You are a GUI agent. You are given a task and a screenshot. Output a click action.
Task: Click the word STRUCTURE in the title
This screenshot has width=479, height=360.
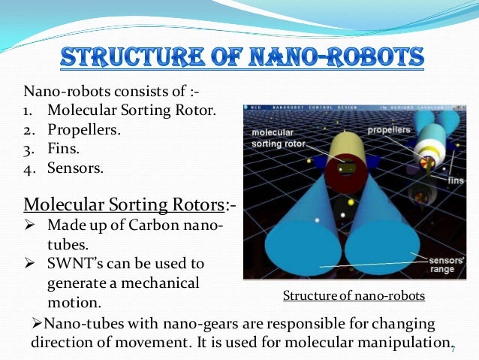[123, 59]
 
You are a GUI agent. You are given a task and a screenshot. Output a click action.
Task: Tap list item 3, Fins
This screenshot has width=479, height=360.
[64, 148]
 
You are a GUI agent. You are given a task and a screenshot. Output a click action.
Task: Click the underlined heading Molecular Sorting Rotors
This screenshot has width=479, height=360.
[124, 204]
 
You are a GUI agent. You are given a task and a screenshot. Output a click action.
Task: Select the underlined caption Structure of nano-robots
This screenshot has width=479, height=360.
[353, 296]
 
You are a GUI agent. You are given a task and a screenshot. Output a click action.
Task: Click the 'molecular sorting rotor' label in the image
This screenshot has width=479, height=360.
[279, 136]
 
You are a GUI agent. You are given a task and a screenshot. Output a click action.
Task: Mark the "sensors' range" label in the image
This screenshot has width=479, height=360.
[447, 265]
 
